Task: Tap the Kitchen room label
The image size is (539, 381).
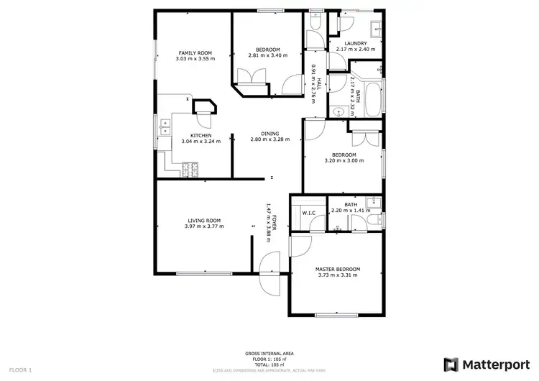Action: (x=201, y=135)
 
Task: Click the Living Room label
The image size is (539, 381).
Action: (x=204, y=220)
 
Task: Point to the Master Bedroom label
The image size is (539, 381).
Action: (x=338, y=269)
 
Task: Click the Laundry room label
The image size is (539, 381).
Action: (x=356, y=43)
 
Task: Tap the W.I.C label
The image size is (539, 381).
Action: (x=310, y=213)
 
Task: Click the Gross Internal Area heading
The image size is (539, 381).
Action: (x=269, y=354)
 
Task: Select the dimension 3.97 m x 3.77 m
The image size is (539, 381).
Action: (x=204, y=226)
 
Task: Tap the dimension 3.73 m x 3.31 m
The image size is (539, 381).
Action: (x=338, y=275)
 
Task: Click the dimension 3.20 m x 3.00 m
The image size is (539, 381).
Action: (x=344, y=161)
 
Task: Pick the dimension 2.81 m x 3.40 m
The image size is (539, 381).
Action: (x=267, y=55)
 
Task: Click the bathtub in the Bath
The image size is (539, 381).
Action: (x=374, y=101)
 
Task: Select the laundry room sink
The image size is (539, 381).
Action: (x=376, y=29)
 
